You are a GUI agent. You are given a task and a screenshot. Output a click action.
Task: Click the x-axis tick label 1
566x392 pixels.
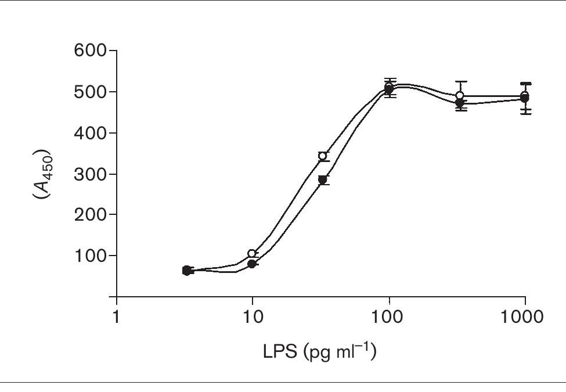click(x=117, y=317)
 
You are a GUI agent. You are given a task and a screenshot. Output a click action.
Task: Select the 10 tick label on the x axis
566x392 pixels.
click(x=253, y=317)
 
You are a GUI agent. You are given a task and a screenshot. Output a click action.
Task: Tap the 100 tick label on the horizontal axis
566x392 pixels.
click(x=389, y=317)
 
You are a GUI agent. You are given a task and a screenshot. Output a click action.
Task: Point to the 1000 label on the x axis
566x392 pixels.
click(x=524, y=317)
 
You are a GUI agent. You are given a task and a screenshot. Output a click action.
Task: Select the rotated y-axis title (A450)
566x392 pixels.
click(x=42, y=174)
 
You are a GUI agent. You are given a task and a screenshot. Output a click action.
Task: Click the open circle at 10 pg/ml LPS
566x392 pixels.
click(x=252, y=254)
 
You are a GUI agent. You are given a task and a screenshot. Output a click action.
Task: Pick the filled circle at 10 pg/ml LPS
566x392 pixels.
click(x=252, y=264)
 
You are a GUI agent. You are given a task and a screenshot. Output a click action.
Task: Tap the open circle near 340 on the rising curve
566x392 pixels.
click(x=323, y=156)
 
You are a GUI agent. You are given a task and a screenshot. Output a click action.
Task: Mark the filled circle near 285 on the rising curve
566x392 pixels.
click(x=323, y=180)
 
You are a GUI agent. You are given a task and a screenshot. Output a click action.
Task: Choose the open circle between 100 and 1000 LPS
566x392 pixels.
click(x=460, y=95)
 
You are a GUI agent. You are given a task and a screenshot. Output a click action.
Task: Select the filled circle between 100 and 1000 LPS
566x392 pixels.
click(x=460, y=103)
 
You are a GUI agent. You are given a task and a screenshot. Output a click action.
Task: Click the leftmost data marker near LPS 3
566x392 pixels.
click(x=187, y=271)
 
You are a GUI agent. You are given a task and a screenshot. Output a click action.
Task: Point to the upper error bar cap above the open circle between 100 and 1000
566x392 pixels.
click(x=460, y=82)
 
